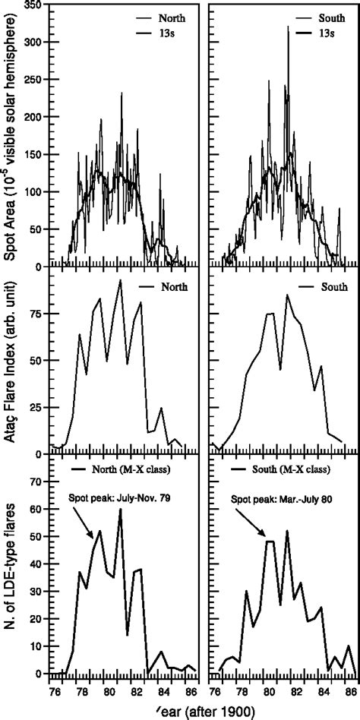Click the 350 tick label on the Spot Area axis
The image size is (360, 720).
32,5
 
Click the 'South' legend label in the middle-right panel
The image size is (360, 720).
333,288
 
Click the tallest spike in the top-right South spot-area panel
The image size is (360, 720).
288,27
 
